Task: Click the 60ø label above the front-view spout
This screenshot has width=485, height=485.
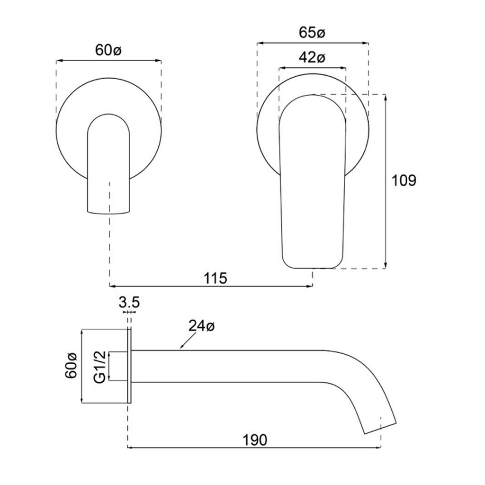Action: pyautogui.click(x=108, y=51)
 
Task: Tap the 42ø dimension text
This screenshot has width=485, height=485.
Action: pyautogui.click(x=312, y=58)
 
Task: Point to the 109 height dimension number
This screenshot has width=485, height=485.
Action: pyautogui.click(x=404, y=180)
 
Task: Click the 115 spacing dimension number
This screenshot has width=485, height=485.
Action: pyautogui.click(x=216, y=278)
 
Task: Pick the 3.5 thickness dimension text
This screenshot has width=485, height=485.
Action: pyautogui.click(x=129, y=302)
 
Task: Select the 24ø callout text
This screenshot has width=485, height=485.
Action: pyautogui.click(x=201, y=326)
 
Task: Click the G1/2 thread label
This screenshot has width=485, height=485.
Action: pyautogui.click(x=100, y=366)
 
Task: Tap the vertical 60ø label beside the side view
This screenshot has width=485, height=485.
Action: pyautogui.click(x=71, y=366)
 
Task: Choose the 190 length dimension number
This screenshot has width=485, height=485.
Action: pyautogui.click(x=255, y=440)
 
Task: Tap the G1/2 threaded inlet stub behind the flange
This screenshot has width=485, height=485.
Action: pyautogui.click(x=118, y=366)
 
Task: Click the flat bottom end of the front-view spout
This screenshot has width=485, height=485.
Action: pyautogui.click(x=108, y=212)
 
